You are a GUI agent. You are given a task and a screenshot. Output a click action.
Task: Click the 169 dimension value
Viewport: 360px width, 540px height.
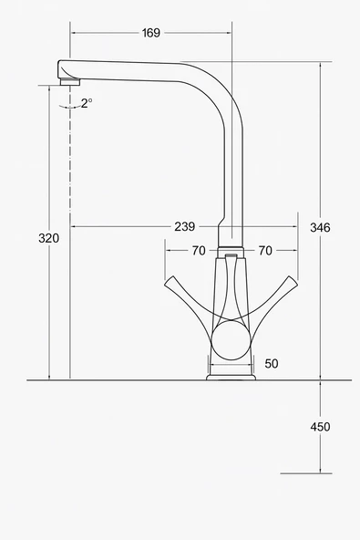(151, 33)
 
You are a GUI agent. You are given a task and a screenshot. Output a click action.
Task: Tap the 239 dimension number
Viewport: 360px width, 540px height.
(185, 226)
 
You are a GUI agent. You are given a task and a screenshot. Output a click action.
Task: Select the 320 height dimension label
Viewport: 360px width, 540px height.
(48, 238)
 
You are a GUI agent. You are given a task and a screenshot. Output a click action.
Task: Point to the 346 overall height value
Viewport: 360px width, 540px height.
(320, 227)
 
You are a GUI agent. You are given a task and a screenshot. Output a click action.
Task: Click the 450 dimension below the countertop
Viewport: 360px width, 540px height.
(320, 427)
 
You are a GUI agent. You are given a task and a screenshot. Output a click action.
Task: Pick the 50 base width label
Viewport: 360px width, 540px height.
(272, 364)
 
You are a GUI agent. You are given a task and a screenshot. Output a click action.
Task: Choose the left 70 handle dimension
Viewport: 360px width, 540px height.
(199, 251)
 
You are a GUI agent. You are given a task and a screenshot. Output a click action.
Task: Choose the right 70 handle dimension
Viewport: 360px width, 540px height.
(265, 251)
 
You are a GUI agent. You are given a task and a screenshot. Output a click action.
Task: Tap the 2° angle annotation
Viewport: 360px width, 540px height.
(87, 103)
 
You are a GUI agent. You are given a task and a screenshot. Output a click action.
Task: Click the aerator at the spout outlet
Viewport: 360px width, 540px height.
(70, 82)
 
